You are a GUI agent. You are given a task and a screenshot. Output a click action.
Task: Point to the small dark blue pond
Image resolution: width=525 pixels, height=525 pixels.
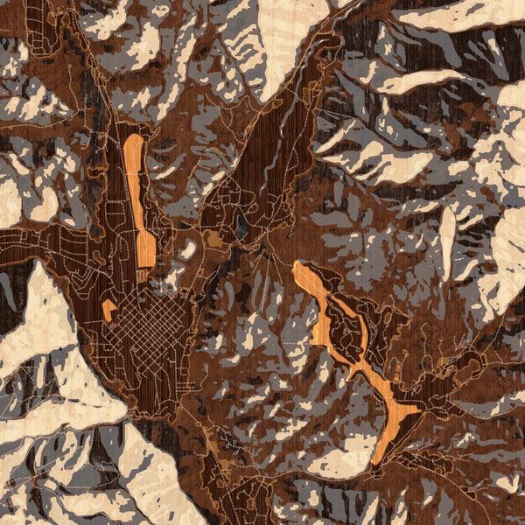[240, 229]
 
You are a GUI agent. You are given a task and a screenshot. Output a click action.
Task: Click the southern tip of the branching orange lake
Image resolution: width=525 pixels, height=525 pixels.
[376, 459]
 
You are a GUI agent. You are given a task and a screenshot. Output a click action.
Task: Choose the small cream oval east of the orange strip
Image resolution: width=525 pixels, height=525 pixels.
[188, 250]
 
